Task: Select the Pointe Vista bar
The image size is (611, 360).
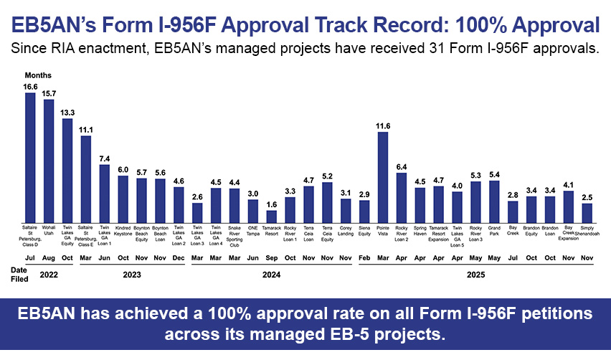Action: (x=383, y=176)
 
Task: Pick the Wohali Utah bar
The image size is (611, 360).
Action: (x=49, y=160)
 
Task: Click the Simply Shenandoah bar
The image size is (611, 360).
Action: (x=587, y=212)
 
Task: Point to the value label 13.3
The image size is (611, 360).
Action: (x=67, y=112)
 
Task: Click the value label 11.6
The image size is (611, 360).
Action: (x=383, y=125)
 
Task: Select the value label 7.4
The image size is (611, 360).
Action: (x=104, y=158)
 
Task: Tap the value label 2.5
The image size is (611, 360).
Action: (x=587, y=196)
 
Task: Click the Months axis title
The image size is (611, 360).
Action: (x=37, y=75)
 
